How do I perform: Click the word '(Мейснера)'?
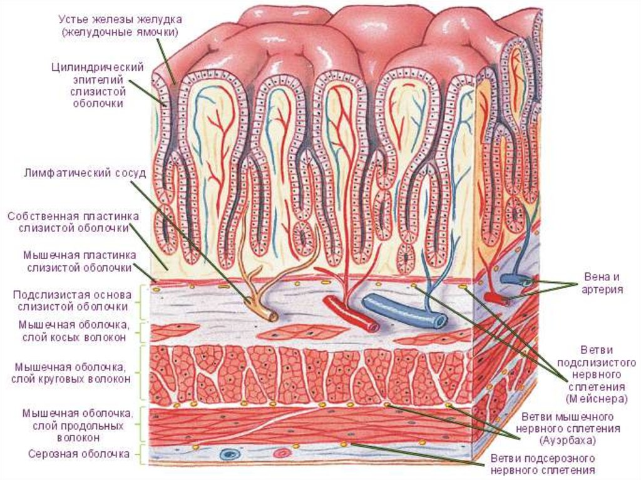coord(592,397)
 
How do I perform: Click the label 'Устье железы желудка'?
coord(120,19)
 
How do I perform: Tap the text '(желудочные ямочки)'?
coord(120,31)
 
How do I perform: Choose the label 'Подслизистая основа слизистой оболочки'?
coord(73,300)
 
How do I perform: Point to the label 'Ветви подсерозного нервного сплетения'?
coord(542,464)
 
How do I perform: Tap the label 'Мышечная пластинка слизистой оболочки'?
coord(77,262)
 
